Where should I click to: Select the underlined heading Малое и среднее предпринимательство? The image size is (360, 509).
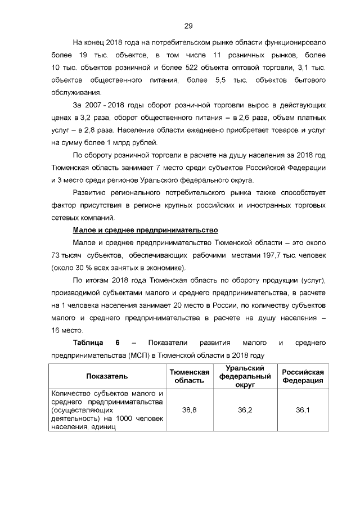[145, 230]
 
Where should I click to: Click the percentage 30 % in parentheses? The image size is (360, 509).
[87, 268]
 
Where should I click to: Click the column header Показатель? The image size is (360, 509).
[107, 376]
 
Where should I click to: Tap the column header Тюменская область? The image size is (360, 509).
[190, 376]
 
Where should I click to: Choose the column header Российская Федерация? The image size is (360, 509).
[303, 376]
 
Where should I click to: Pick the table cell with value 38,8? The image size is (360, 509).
[190, 411]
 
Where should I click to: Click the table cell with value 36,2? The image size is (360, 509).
[245, 411]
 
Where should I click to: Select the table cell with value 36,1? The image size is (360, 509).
[303, 411]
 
